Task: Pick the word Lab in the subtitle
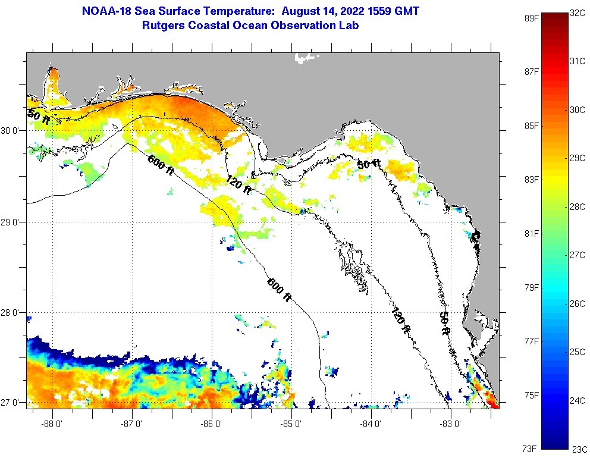[349, 26]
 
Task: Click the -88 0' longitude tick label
[53, 424]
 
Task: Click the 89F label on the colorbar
[532, 18]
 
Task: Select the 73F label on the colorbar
[532, 448]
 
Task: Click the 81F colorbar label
[532, 233]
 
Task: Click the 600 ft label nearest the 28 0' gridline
[279, 290]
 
